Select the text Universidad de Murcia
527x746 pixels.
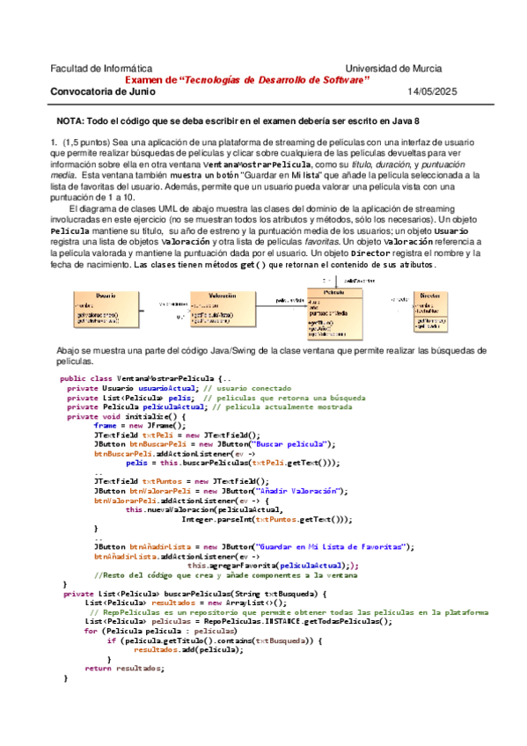(x=401, y=69)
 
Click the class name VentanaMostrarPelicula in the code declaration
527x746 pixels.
(x=167, y=378)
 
